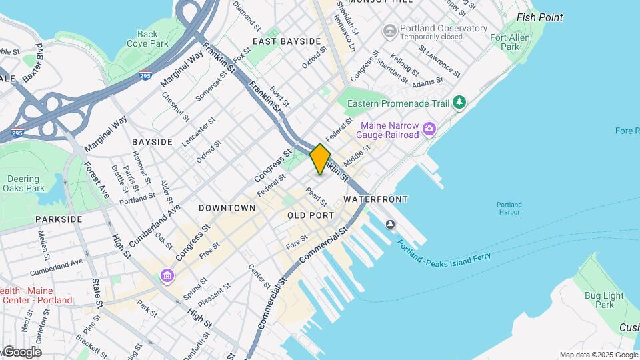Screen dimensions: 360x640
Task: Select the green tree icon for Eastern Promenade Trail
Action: (459, 103)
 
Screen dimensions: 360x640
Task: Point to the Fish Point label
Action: (539, 17)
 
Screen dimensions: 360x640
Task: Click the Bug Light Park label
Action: (604, 299)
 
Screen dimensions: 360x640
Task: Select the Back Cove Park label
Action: (147, 39)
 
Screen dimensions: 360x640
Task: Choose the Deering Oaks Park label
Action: (25, 183)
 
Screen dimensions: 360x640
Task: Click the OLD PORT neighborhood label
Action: (311, 215)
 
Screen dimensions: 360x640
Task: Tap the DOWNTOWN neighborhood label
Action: (227, 208)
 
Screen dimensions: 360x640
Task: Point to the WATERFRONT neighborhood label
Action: (375, 199)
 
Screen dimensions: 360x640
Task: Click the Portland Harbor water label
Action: (509, 208)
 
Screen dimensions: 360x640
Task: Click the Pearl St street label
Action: (315, 197)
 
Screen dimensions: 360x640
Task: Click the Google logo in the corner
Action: (21, 352)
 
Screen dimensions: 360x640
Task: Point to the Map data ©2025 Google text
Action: (598, 355)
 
